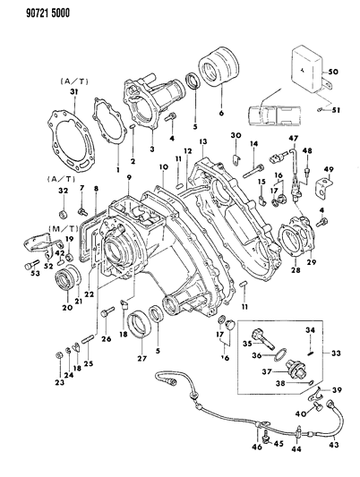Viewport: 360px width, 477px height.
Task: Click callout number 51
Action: (x=336, y=110)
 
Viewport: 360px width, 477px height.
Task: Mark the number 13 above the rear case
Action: (x=203, y=142)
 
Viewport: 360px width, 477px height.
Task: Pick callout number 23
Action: (x=59, y=384)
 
